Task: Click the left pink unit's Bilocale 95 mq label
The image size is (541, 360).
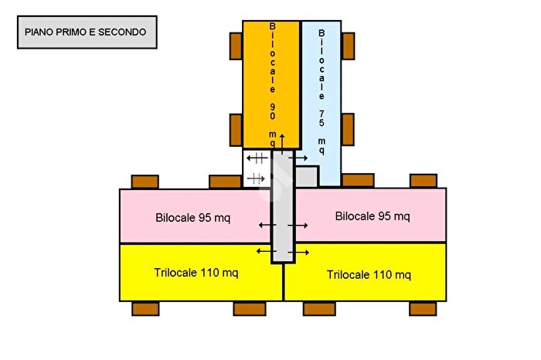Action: [192, 217]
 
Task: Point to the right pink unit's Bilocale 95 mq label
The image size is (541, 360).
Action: [373, 216]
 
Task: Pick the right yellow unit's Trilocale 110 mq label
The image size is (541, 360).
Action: [368, 274]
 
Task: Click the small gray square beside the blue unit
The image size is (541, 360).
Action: [307, 176]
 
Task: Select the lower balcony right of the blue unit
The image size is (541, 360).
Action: [348, 129]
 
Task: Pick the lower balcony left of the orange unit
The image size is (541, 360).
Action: [236, 129]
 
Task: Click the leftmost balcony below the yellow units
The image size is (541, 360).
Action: [145, 309]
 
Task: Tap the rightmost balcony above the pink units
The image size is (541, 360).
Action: [423, 181]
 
